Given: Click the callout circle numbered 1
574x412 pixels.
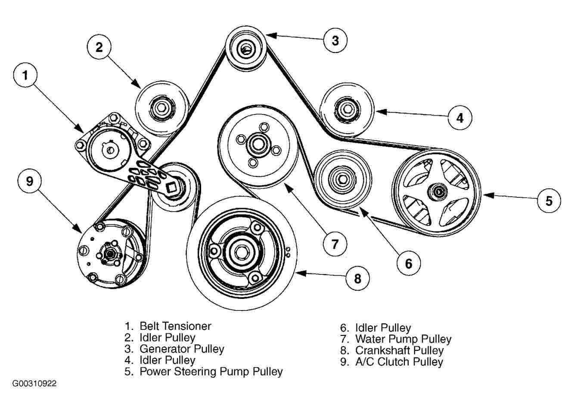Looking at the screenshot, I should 25,76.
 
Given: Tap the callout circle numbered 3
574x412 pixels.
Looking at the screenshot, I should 335,40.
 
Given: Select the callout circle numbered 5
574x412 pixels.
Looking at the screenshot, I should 549,200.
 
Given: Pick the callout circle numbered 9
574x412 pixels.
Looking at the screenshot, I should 29,181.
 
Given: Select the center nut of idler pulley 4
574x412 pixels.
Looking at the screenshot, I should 346,108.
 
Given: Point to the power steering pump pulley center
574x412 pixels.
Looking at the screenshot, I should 438,191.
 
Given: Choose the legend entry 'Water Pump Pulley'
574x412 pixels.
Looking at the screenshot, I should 403,339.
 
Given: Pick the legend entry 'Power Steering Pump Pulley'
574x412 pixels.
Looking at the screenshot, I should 211,371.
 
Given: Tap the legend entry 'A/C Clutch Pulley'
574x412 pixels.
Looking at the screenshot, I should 399,362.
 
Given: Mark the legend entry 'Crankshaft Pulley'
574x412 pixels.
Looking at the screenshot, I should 399,351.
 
